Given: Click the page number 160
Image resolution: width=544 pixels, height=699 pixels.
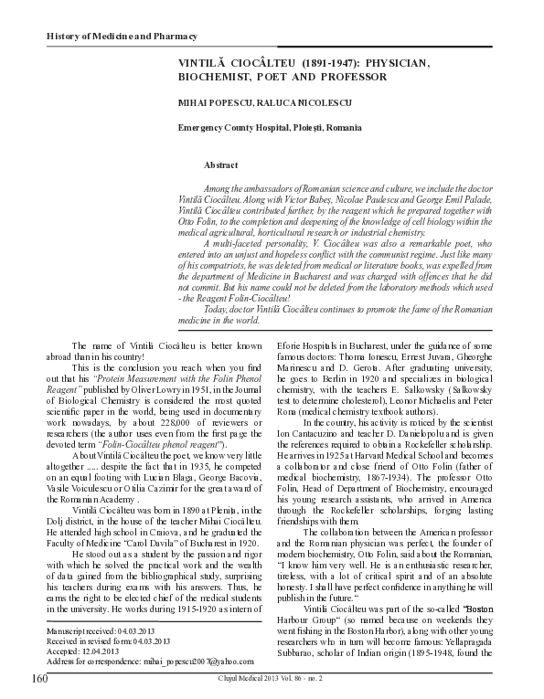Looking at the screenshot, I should coord(38,679).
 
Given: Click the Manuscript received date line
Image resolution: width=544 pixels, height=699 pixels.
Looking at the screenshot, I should coord(102,630).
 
